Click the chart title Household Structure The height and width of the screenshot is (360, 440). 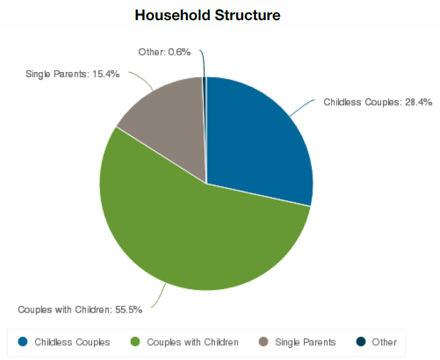pos(207,15)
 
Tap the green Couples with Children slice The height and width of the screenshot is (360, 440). pos(196,230)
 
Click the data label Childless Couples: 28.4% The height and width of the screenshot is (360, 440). pos(378,102)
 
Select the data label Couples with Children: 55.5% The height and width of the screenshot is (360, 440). pos(80,309)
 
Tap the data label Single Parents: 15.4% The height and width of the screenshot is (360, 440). pos(73,74)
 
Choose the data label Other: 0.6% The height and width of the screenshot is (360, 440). pos(165,52)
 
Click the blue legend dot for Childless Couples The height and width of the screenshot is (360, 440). pos(23,342)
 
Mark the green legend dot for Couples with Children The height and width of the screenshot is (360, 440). pos(135,342)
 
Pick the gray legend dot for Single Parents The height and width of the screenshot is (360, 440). pos(263,342)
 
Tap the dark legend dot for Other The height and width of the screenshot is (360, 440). pos(361,342)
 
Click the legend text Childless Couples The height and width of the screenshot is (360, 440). pos(72,342)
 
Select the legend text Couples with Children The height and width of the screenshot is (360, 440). pos(192,342)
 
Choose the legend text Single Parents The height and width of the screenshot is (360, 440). pos(305,342)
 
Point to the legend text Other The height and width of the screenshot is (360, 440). pos(384,342)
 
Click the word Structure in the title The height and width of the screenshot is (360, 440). pos(248,15)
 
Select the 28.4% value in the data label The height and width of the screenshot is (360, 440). pos(419,102)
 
